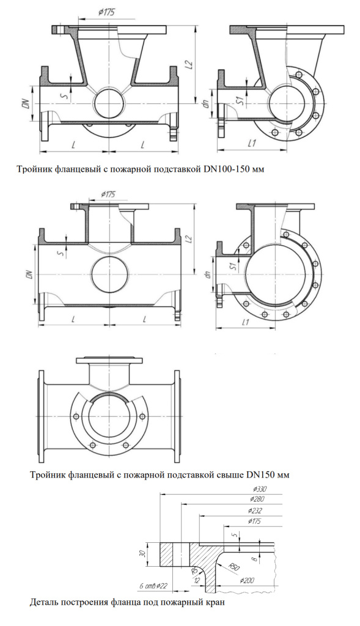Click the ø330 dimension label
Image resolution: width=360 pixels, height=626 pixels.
[x=259, y=489]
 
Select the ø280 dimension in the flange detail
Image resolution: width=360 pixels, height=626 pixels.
[x=257, y=499]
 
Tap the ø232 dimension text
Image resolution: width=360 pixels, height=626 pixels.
[x=255, y=510]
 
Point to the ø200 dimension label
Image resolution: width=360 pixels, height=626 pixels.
[x=246, y=580]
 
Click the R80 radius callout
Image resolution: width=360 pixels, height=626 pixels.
[x=234, y=566]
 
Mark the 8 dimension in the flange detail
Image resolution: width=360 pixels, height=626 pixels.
[x=255, y=559]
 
